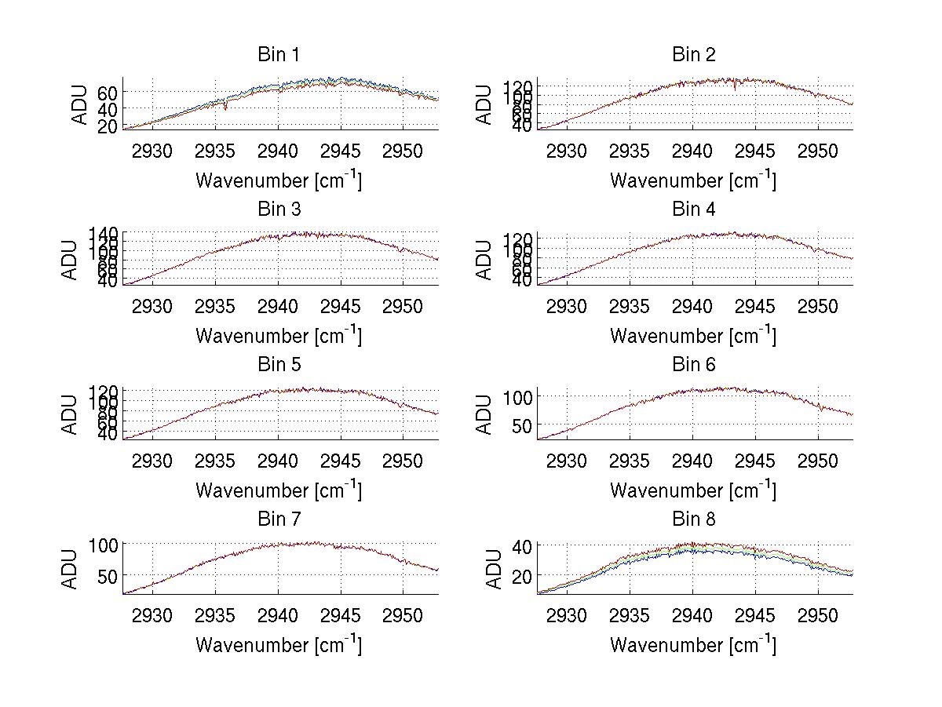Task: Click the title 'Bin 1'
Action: tap(279, 55)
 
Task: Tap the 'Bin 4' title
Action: tap(694, 210)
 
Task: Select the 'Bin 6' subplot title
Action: tap(694, 365)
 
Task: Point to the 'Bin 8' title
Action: tap(694, 519)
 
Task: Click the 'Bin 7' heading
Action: tap(279, 519)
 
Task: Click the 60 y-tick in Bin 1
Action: tap(108, 92)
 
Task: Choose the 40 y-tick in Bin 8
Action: tap(523, 545)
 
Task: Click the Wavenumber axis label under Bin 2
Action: tap(693, 180)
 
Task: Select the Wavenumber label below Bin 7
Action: tap(279, 644)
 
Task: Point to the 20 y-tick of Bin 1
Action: tap(108, 125)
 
